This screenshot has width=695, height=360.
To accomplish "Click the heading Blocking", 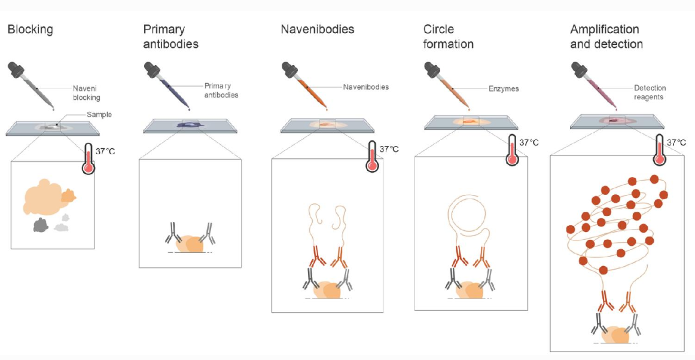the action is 30,30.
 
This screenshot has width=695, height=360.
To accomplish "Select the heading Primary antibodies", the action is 170,37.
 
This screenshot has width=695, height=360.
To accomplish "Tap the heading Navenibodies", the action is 318,29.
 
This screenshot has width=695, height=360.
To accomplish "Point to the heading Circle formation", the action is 448,37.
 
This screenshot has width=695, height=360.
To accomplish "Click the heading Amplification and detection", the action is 606,37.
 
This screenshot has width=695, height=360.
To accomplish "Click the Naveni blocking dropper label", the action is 87,93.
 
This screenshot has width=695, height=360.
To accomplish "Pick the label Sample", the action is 99,114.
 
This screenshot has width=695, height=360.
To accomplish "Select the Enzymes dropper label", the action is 504,89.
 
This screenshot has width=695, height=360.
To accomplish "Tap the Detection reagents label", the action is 650,92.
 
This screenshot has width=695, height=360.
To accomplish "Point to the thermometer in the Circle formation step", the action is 513,150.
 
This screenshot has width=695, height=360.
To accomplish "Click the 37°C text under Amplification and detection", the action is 676,142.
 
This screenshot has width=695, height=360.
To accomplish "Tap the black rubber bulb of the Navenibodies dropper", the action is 289,69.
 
